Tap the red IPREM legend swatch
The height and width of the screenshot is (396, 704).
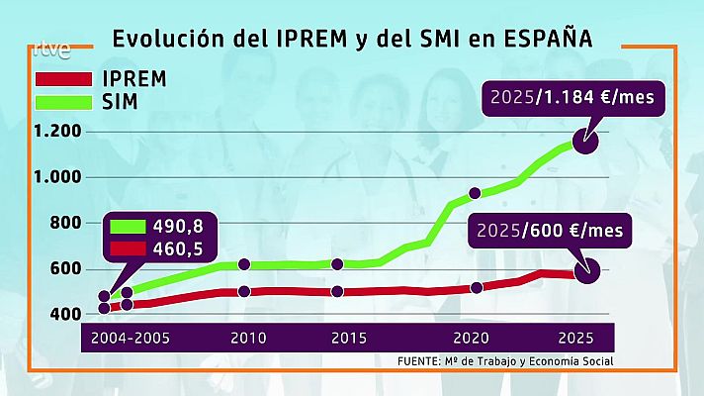63,77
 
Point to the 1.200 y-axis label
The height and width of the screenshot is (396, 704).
56,132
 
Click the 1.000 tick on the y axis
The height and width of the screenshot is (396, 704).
56,177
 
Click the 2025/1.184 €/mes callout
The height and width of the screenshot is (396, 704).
573,98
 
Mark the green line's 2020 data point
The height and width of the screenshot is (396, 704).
475,193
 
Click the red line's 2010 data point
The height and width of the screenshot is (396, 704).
244,291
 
